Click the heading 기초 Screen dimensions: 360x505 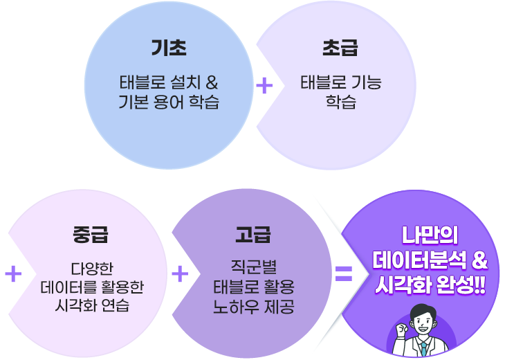(169, 48)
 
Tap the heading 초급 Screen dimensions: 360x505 (340, 48)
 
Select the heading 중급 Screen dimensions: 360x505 (88, 235)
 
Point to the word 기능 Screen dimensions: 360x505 (365, 84)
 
